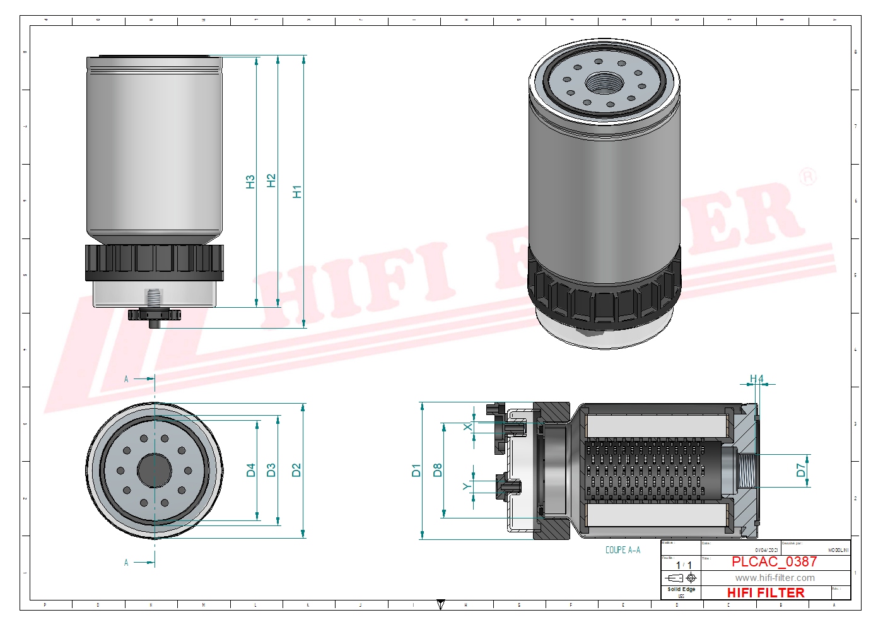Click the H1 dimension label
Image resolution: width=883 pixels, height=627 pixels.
click(297, 191)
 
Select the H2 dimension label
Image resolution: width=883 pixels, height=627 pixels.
click(271, 180)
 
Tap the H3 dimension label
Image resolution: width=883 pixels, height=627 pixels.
click(250, 182)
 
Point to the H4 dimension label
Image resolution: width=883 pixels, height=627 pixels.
click(756, 379)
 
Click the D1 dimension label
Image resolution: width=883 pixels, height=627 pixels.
click(416, 470)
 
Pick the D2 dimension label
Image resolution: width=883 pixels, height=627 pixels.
click(296, 470)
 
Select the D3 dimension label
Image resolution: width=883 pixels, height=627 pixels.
click(271, 470)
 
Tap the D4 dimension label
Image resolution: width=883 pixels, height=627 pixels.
click(251, 470)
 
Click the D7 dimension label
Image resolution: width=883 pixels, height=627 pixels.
click(801, 470)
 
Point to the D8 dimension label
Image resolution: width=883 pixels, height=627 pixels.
click(437, 470)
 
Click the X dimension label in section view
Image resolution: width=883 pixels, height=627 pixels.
click(467, 427)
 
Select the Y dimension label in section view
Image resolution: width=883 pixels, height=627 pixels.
click(467, 486)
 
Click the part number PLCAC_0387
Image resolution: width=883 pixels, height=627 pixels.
click(774, 561)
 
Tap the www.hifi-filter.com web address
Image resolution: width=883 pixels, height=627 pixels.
click(775, 578)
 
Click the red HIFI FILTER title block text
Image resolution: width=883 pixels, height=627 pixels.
click(766, 593)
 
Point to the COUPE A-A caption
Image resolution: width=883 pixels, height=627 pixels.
click(623, 550)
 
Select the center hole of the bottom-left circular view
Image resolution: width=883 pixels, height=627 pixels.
click(155, 470)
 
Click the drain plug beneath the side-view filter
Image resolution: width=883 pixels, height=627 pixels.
click(154, 315)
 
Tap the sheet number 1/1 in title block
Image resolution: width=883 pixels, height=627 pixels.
click(684, 565)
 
